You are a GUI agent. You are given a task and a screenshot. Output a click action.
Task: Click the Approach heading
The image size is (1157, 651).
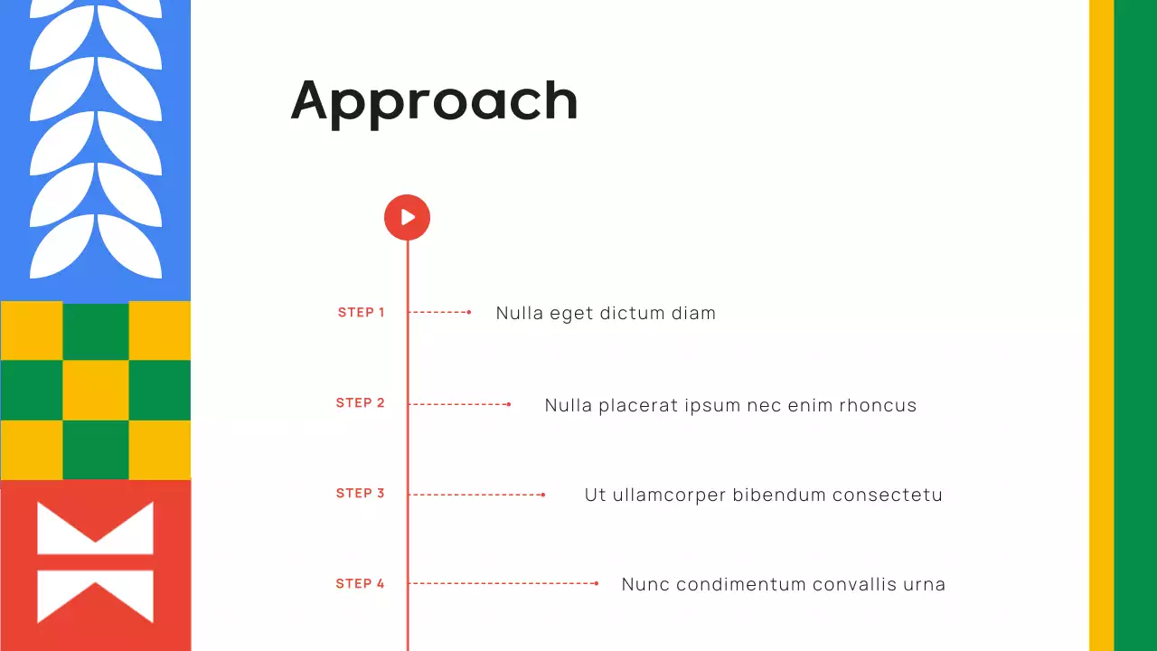tap(434, 100)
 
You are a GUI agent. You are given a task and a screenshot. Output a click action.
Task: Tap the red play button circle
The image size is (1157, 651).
tap(407, 217)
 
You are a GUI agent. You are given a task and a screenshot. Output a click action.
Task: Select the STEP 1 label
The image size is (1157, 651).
tap(362, 312)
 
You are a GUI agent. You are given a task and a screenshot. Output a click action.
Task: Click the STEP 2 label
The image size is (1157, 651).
tap(361, 402)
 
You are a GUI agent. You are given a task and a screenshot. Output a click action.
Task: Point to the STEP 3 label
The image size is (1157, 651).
tap(361, 493)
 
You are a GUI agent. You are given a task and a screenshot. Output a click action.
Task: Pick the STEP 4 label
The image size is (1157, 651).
tap(361, 583)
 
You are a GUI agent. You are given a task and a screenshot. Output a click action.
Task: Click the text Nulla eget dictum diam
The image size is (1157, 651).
tap(606, 313)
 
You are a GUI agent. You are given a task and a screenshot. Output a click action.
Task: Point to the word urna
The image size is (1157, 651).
tap(924, 584)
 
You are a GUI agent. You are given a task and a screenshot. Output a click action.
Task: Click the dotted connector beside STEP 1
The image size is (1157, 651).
tap(438, 312)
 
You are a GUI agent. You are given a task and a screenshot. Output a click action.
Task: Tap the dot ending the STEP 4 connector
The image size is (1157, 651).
tap(597, 583)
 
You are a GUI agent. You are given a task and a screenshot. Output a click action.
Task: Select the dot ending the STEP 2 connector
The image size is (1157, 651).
tap(509, 404)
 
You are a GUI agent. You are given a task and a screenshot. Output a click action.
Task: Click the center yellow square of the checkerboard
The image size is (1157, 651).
tap(95, 390)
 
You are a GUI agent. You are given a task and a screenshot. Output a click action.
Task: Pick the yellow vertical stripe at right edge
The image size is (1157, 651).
tap(1101, 325)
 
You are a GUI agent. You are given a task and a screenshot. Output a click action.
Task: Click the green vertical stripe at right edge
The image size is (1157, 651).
tap(1135, 325)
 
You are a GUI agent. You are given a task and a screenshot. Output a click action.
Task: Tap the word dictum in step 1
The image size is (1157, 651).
tap(630, 313)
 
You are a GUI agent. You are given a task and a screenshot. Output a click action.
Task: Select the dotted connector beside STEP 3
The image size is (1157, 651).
tap(475, 495)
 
